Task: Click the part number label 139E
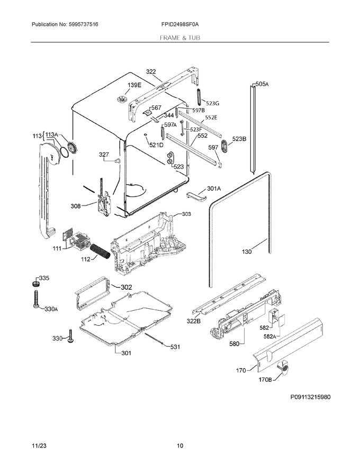134,85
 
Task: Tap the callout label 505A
262,84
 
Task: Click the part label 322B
193,321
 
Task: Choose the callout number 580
233,343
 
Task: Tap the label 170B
265,379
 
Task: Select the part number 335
44,278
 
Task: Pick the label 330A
50,309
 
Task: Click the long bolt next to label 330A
37,300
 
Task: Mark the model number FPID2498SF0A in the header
181,25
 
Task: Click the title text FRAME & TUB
180,38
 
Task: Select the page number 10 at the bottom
180,446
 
